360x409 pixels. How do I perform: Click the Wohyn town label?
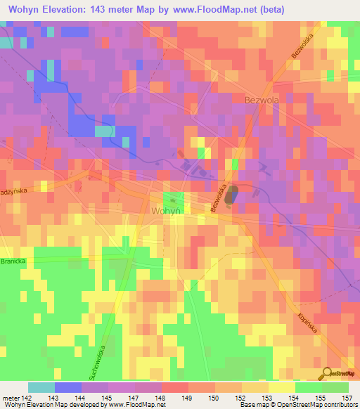166,210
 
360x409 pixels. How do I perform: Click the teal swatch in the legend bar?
41,387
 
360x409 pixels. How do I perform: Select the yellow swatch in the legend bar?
281,387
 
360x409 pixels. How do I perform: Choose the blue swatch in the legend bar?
67,387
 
